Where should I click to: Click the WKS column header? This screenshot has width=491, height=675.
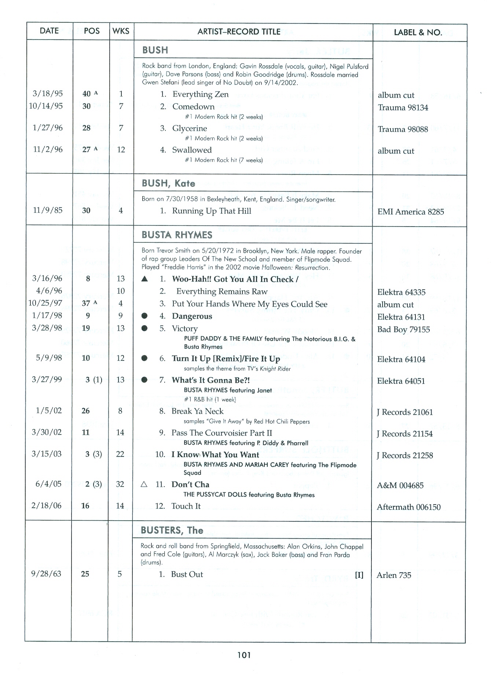[121, 31]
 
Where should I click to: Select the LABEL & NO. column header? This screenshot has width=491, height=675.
[418, 32]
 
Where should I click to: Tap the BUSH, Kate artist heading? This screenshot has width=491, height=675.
[168, 183]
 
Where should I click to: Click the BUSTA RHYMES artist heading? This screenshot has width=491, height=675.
[177, 235]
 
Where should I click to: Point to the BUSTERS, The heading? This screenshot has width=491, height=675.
[172, 530]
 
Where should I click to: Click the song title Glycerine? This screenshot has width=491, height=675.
[190, 128]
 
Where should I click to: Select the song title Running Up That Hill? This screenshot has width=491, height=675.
[212, 211]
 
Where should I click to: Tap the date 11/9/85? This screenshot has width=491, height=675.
[48, 210]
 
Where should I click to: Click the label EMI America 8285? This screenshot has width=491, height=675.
[410, 212]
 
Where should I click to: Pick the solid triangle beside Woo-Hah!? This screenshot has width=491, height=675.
[144, 279]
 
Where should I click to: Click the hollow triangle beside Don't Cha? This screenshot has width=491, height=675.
[144, 484]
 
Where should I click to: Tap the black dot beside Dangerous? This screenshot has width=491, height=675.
[144, 316]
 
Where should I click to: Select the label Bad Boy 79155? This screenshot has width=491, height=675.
[403, 329]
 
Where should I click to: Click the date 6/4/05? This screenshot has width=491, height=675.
[48, 484]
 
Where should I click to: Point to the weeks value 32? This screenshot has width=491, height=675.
[120, 484]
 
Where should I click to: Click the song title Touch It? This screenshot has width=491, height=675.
[186, 506]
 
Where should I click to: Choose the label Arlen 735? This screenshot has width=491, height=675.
[394, 575]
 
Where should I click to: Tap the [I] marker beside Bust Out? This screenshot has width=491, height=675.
[359, 575]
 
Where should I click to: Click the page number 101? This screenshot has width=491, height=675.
[244, 655]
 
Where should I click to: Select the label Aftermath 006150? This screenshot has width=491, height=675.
[408, 507]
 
